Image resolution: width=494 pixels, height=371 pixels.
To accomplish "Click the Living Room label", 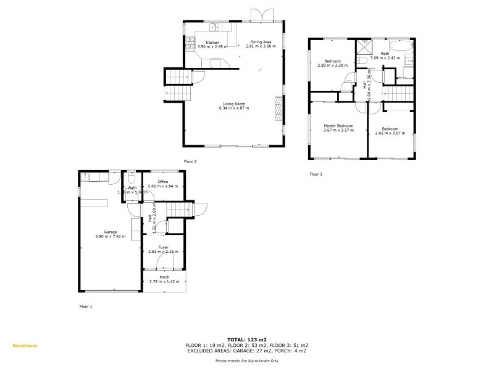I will [233, 104].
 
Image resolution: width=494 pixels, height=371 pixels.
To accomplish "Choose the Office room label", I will [163, 181].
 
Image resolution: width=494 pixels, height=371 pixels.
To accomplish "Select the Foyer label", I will [163, 247].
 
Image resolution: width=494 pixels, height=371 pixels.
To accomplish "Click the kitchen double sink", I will [216, 27].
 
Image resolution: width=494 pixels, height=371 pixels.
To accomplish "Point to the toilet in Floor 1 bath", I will [132, 176].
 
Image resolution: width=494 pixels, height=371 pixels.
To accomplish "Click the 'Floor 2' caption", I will [190, 161].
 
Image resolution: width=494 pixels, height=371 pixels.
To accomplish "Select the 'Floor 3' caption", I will [316, 174].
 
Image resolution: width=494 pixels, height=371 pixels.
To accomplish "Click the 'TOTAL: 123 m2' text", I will [247, 339].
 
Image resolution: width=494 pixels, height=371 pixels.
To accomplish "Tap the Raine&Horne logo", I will [25, 346].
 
